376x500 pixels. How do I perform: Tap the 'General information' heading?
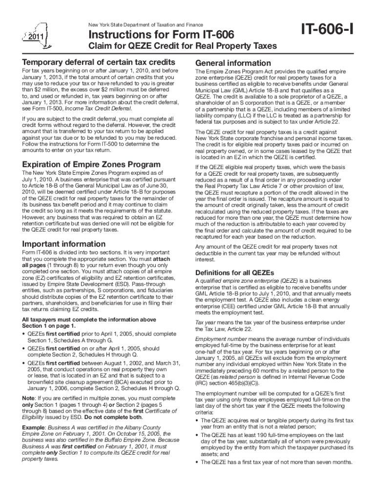click(x=233, y=63)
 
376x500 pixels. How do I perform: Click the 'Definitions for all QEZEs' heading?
click(x=234, y=272)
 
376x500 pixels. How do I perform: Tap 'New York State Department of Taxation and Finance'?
click(x=146, y=24)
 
